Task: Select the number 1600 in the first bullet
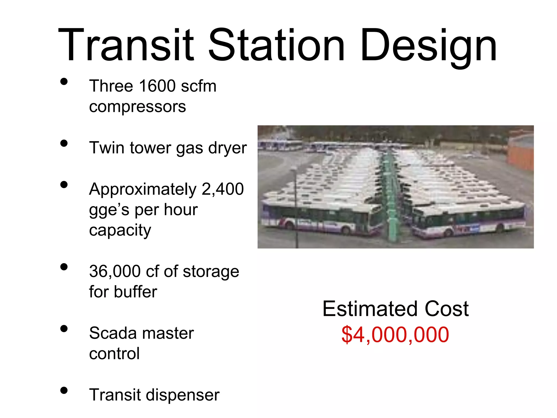point(157,86)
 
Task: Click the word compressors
point(137,107)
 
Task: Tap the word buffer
point(135,292)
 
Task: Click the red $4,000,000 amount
point(395,335)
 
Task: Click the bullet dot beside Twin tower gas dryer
point(64,143)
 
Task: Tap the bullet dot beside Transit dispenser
point(64,391)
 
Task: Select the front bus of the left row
point(318,218)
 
